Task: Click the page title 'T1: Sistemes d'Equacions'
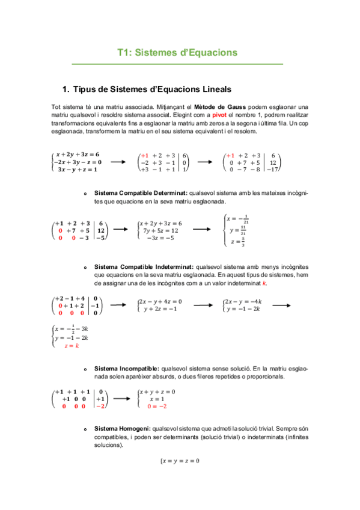177,52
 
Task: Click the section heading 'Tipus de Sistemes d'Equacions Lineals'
150,89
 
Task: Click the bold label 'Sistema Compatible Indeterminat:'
144,266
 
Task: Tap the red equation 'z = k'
71,346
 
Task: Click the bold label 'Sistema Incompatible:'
127,367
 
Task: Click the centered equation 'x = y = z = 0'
179,461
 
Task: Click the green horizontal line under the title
177,64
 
